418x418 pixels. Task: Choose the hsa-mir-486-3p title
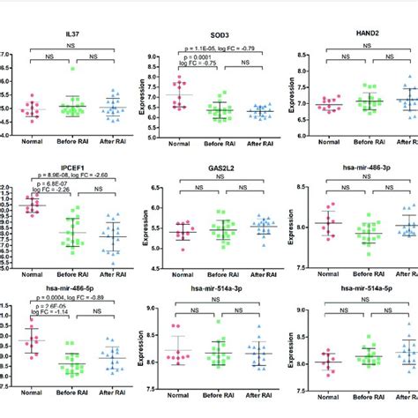[x=357, y=164]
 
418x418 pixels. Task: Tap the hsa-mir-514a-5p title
[x=357, y=288]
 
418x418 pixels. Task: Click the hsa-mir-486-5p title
[x=57, y=288]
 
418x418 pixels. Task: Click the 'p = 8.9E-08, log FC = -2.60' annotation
[x=63, y=175]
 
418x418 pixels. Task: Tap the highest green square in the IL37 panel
[x=61, y=67]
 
